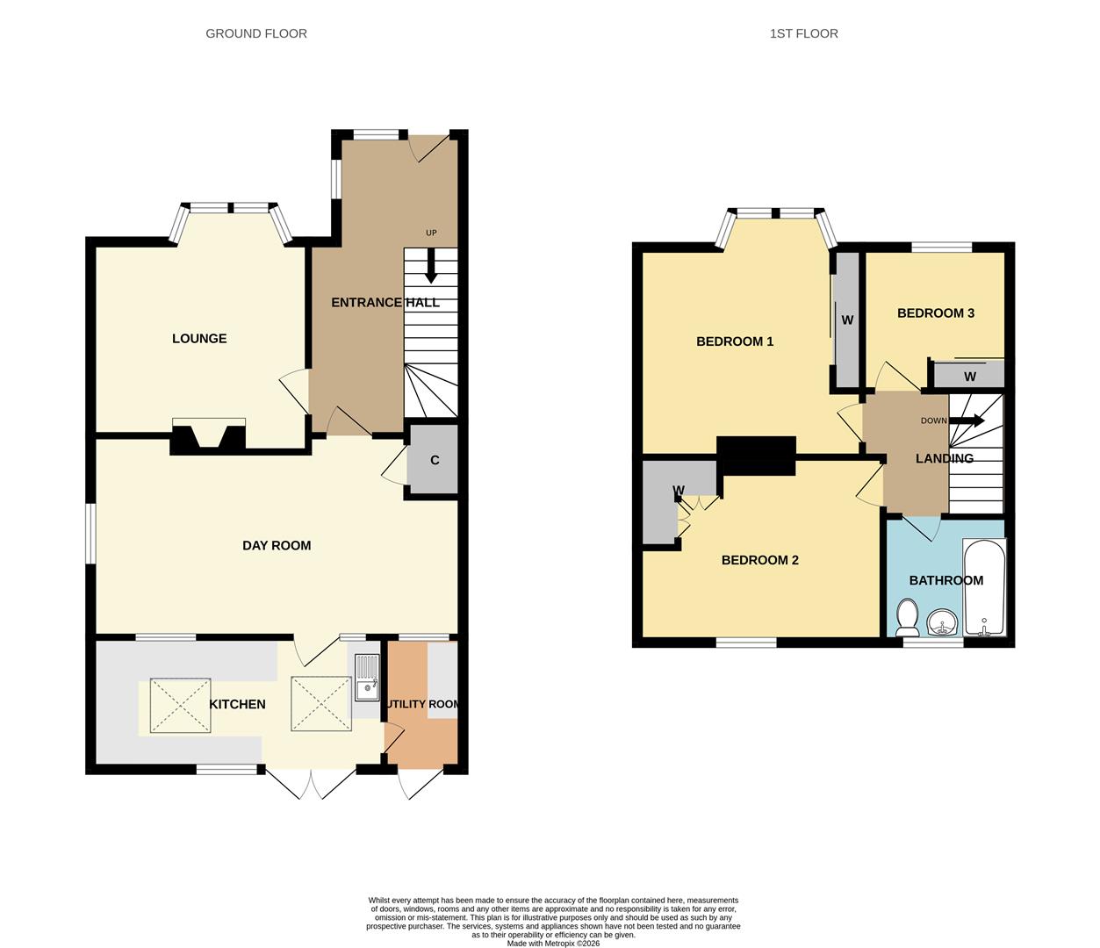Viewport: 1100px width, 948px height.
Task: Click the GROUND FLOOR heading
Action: click(256, 33)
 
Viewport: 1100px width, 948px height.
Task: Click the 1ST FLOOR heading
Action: click(803, 33)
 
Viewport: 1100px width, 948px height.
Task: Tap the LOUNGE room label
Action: click(199, 339)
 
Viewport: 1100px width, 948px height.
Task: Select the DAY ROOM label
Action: click(277, 545)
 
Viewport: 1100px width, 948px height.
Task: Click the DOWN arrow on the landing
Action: click(967, 420)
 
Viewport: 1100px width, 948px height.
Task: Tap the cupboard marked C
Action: click(434, 460)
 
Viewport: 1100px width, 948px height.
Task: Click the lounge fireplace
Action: click(208, 436)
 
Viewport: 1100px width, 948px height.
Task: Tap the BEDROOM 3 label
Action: click(935, 313)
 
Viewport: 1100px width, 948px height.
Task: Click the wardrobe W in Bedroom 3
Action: click(969, 376)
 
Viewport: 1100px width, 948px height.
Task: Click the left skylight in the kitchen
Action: click(181, 705)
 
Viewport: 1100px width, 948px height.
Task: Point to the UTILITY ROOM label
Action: click(421, 704)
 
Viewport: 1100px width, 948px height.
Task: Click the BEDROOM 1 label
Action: click(735, 341)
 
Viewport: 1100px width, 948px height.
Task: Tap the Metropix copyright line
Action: click(553, 944)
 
